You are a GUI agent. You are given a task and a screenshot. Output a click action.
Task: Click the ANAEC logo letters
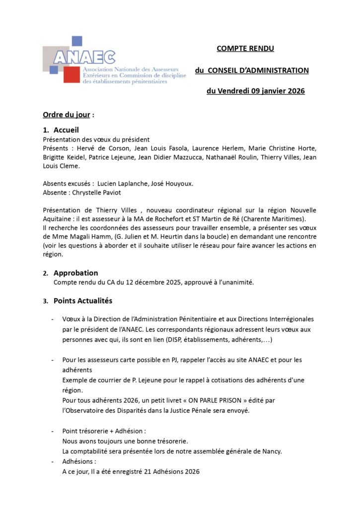point(84,58)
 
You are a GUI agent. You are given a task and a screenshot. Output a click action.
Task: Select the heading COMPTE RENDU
point(245,49)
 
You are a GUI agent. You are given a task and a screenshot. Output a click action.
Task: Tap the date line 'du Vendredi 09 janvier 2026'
point(255,91)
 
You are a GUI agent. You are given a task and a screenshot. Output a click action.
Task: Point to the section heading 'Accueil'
point(66,130)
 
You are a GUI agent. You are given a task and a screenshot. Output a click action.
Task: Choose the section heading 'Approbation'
point(75,273)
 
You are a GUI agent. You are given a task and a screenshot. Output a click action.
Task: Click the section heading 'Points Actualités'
point(83,301)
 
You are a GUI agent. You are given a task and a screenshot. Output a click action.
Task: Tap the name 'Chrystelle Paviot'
point(96,192)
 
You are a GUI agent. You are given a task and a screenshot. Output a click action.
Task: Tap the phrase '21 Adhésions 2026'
point(169,471)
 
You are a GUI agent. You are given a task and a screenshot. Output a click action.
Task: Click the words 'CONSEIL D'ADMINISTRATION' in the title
point(258,70)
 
